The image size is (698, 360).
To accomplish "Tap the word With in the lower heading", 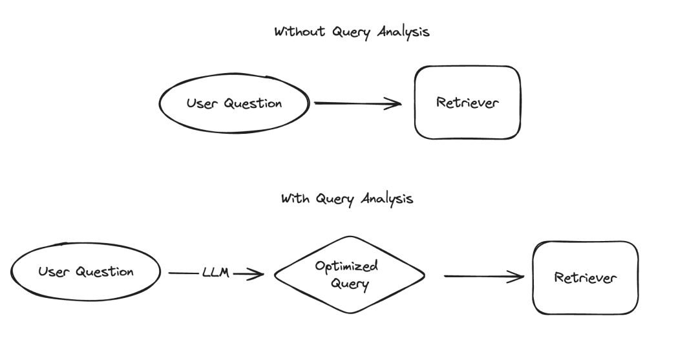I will coord(295,198).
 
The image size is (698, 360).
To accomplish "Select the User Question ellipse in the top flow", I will coord(234,103).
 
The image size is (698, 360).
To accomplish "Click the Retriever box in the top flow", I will coord(467,103).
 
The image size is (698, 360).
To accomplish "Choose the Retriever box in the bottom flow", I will coord(585,278).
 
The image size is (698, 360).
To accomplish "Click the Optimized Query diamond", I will coord(350,275).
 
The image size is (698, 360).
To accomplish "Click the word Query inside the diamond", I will coord(350,284).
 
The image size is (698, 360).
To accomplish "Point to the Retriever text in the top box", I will coord(467,103).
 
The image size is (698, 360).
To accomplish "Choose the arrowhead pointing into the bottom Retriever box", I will coord(518,277).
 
